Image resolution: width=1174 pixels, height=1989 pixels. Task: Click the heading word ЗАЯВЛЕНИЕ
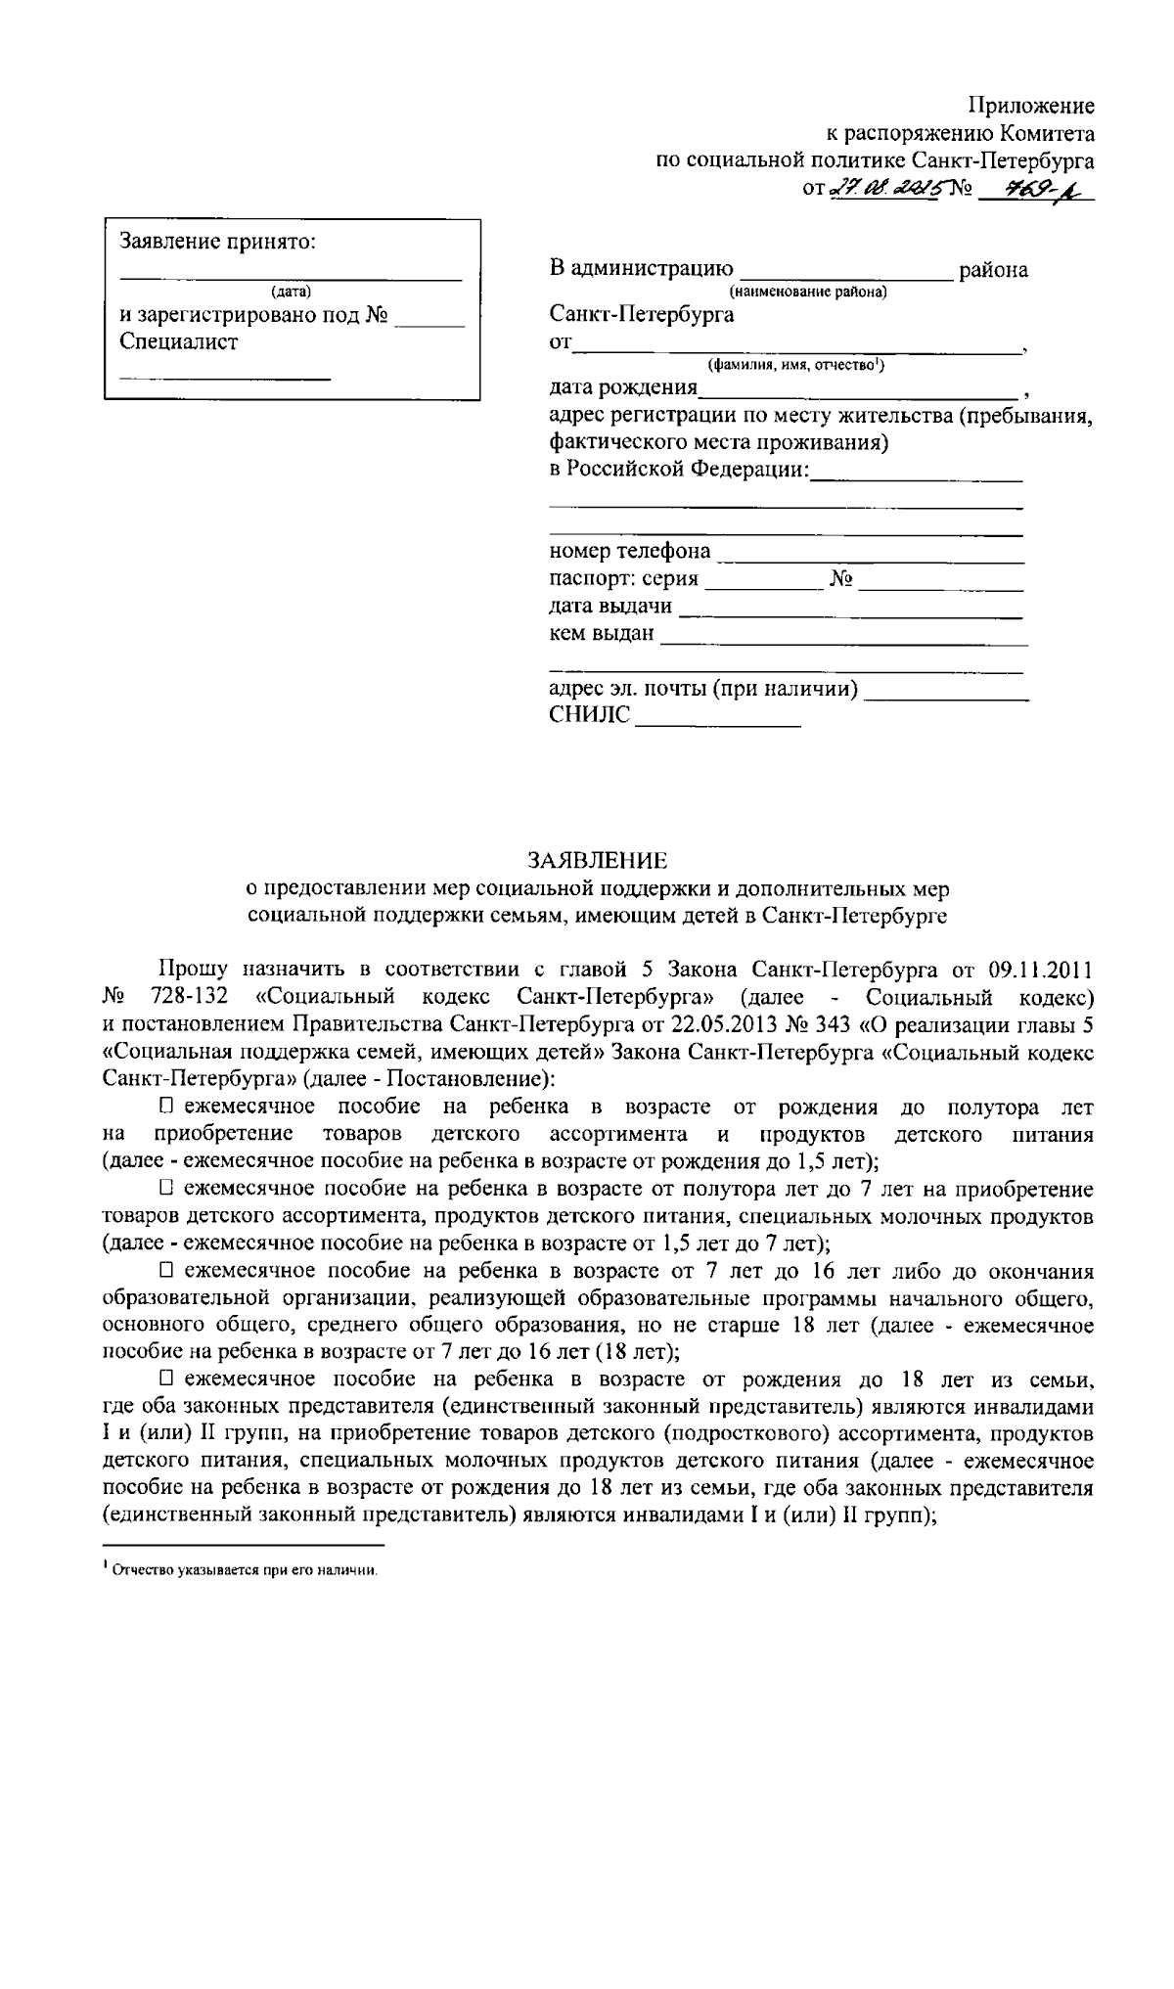(x=597, y=860)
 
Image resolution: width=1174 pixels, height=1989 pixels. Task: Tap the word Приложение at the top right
(x=1031, y=106)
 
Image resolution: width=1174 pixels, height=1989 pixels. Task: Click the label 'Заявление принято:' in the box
(x=217, y=242)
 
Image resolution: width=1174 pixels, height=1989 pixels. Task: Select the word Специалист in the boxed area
(x=178, y=341)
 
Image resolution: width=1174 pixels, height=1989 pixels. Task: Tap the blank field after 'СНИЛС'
(x=717, y=719)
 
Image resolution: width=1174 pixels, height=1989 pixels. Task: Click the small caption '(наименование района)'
(x=807, y=292)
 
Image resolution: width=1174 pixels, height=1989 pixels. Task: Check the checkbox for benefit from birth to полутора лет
(x=166, y=1107)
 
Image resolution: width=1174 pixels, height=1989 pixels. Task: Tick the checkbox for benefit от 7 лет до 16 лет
(x=166, y=1271)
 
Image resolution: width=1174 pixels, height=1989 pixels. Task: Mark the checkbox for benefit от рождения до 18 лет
(x=166, y=1379)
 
